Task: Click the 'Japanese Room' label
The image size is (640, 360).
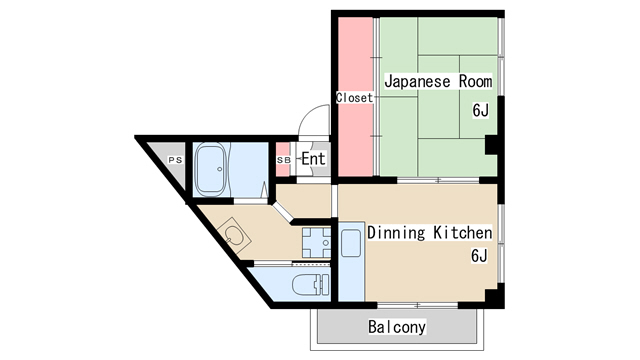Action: click(x=438, y=81)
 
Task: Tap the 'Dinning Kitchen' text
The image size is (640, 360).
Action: click(x=429, y=232)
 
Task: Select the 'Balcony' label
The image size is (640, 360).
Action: click(x=397, y=327)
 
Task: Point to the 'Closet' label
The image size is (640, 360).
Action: click(x=354, y=98)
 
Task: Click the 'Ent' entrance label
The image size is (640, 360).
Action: click(x=313, y=159)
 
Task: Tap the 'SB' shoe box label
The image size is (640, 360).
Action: click(x=284, y=160)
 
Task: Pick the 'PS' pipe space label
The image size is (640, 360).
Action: click(x=175, y=160)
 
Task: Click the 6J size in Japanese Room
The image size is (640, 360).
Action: click(x=480, y=110)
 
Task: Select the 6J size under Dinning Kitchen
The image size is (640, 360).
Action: click(x=479, y=256)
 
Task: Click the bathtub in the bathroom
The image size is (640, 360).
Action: click(x=211, y=169)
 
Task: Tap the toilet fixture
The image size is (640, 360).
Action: click(x=311, y=284)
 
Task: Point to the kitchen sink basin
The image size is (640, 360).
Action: click(x=351, y=243)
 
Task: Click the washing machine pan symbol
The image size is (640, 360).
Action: click(x=316, y=242)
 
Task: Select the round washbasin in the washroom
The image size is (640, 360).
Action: click(x=234, y=236)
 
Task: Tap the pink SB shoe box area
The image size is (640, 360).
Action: click(x=283, y=160)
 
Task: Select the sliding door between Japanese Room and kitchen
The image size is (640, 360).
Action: click(x=438, y=180)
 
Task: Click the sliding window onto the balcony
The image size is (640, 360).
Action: click(x=418, y=305)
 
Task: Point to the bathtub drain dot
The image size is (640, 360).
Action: click(x=220, y=169)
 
